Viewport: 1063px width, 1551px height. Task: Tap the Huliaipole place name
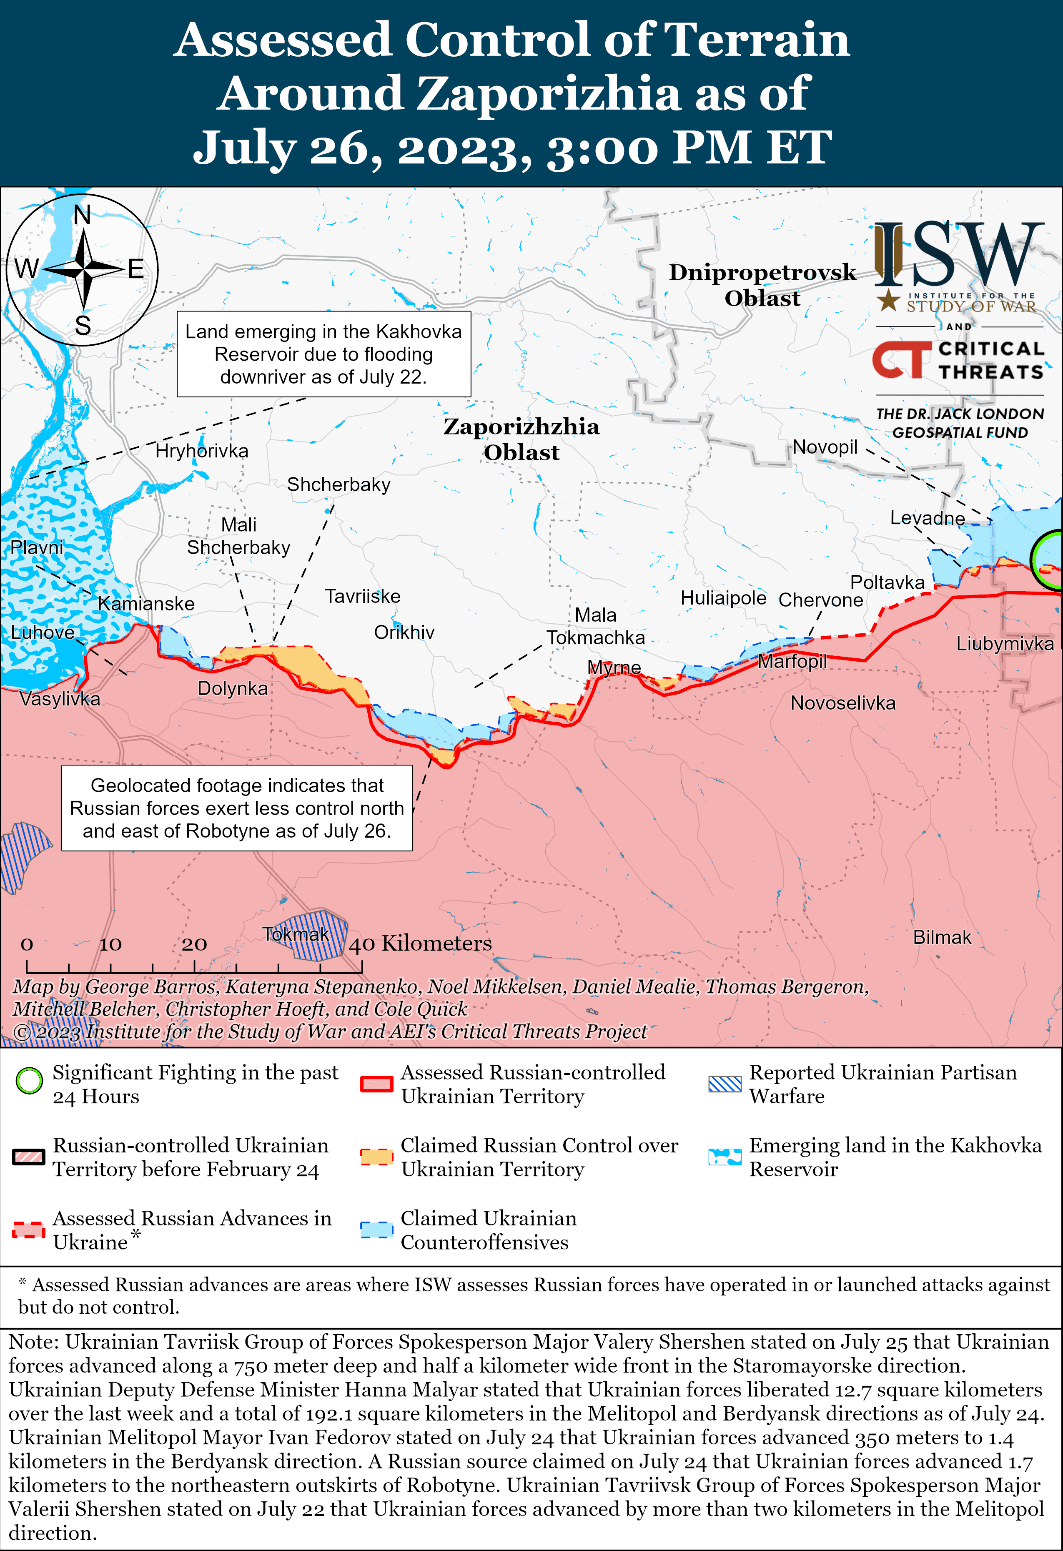[723, 597]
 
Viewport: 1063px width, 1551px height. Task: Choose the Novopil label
[825, 447]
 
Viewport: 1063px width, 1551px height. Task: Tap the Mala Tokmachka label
[595, 626]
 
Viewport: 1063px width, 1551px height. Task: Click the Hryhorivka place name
[201, 451]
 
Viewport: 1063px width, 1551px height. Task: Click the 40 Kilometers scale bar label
[420, 943]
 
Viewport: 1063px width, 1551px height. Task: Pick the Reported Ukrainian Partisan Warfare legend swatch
[725, 1084]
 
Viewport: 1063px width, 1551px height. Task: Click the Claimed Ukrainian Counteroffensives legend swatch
[376, 1229]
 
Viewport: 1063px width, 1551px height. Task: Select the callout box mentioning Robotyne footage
[237, 808]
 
